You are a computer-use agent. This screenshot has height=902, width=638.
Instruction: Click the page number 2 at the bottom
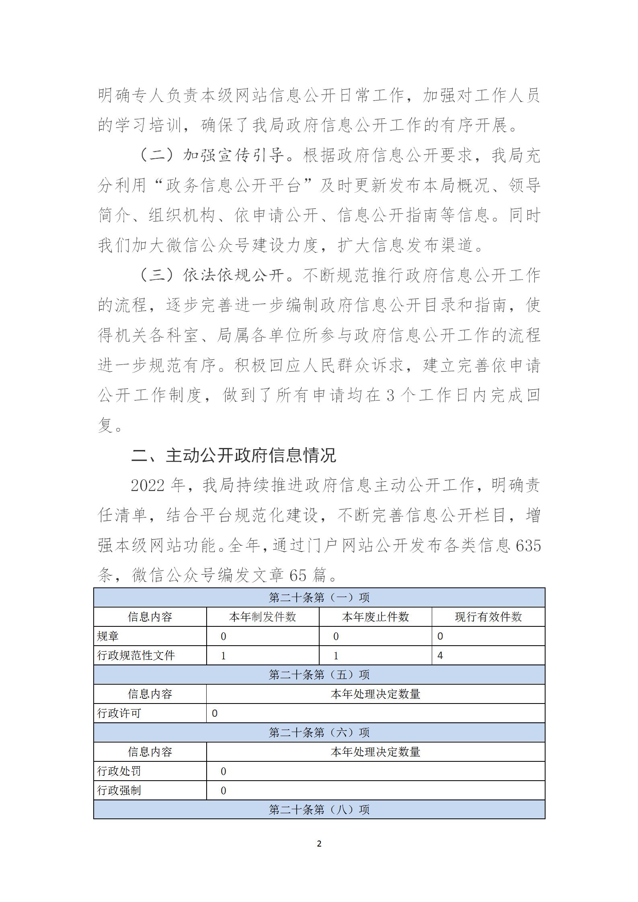(319, 843)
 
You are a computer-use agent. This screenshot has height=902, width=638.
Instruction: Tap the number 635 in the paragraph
(528, 546)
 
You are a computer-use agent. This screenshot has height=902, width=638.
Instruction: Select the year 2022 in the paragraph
(148, 486)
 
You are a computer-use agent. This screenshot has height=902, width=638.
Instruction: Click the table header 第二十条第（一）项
(319, 597)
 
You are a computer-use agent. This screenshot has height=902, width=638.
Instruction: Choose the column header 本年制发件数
(263, 617)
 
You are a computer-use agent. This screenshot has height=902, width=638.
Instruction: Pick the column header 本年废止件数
(375, 617)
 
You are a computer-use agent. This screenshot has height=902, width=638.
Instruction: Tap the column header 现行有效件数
(488, 617)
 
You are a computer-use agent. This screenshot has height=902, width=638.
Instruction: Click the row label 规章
(108, 636)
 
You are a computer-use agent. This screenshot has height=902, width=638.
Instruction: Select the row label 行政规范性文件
(136, 656)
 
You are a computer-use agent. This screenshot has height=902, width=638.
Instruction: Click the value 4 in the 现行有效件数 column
(440, 656)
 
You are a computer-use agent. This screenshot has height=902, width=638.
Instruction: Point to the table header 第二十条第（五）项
(319, 675)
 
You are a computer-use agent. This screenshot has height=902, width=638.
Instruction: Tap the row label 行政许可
(119, 713)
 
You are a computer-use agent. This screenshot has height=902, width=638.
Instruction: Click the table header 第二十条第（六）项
(319, 732)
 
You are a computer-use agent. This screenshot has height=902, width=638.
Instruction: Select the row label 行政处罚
(119, 771)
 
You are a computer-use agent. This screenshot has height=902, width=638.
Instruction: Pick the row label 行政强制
(119, 790)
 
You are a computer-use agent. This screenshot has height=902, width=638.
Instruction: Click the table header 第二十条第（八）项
(319, 810)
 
